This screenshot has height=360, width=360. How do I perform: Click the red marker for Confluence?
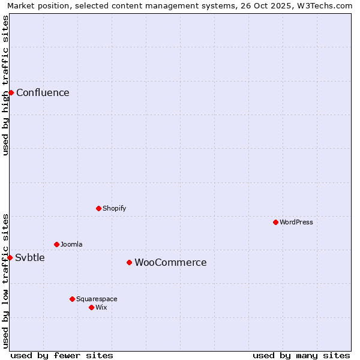point(11,92)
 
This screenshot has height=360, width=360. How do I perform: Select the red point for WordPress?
point(275,222)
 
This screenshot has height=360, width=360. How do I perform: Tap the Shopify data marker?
point(98,208)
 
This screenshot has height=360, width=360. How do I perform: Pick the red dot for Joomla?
point(56,244)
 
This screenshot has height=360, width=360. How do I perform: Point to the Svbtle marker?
point(10,257)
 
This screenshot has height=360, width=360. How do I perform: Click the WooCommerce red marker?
point(129,262)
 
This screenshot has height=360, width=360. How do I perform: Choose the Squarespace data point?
point(72,299)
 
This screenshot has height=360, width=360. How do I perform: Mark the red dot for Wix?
point(91,307)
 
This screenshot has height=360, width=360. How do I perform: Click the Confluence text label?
point(43,92)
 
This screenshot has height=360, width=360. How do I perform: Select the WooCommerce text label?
point(170,262)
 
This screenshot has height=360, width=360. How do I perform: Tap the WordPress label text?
point(296,222)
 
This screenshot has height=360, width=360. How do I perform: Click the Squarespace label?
point(97,299)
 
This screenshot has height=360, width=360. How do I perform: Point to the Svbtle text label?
point(30,257)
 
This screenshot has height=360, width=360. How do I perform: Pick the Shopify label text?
point(114,208)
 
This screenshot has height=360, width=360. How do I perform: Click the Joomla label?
point(71,244)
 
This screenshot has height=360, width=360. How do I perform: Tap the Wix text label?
point(101,307)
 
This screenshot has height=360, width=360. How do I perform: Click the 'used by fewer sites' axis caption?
point(62,355)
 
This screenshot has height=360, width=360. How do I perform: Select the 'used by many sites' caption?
point(301,355)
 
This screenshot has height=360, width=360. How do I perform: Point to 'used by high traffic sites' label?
point(6,85)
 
